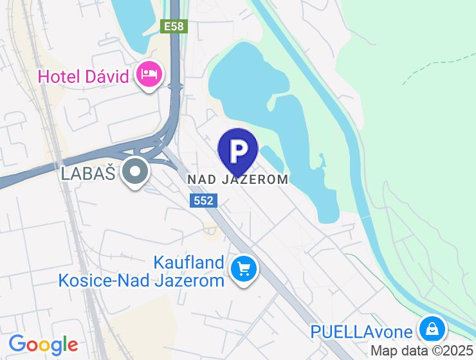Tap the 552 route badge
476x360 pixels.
(203, 201)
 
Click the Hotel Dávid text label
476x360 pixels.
(84, 76)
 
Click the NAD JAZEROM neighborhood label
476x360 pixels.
(238, 179)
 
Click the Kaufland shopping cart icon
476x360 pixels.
(244, 269)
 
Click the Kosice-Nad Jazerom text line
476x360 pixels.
(142, 280)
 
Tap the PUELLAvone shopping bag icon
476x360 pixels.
(432, 329)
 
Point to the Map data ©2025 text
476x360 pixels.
(421, 351)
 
